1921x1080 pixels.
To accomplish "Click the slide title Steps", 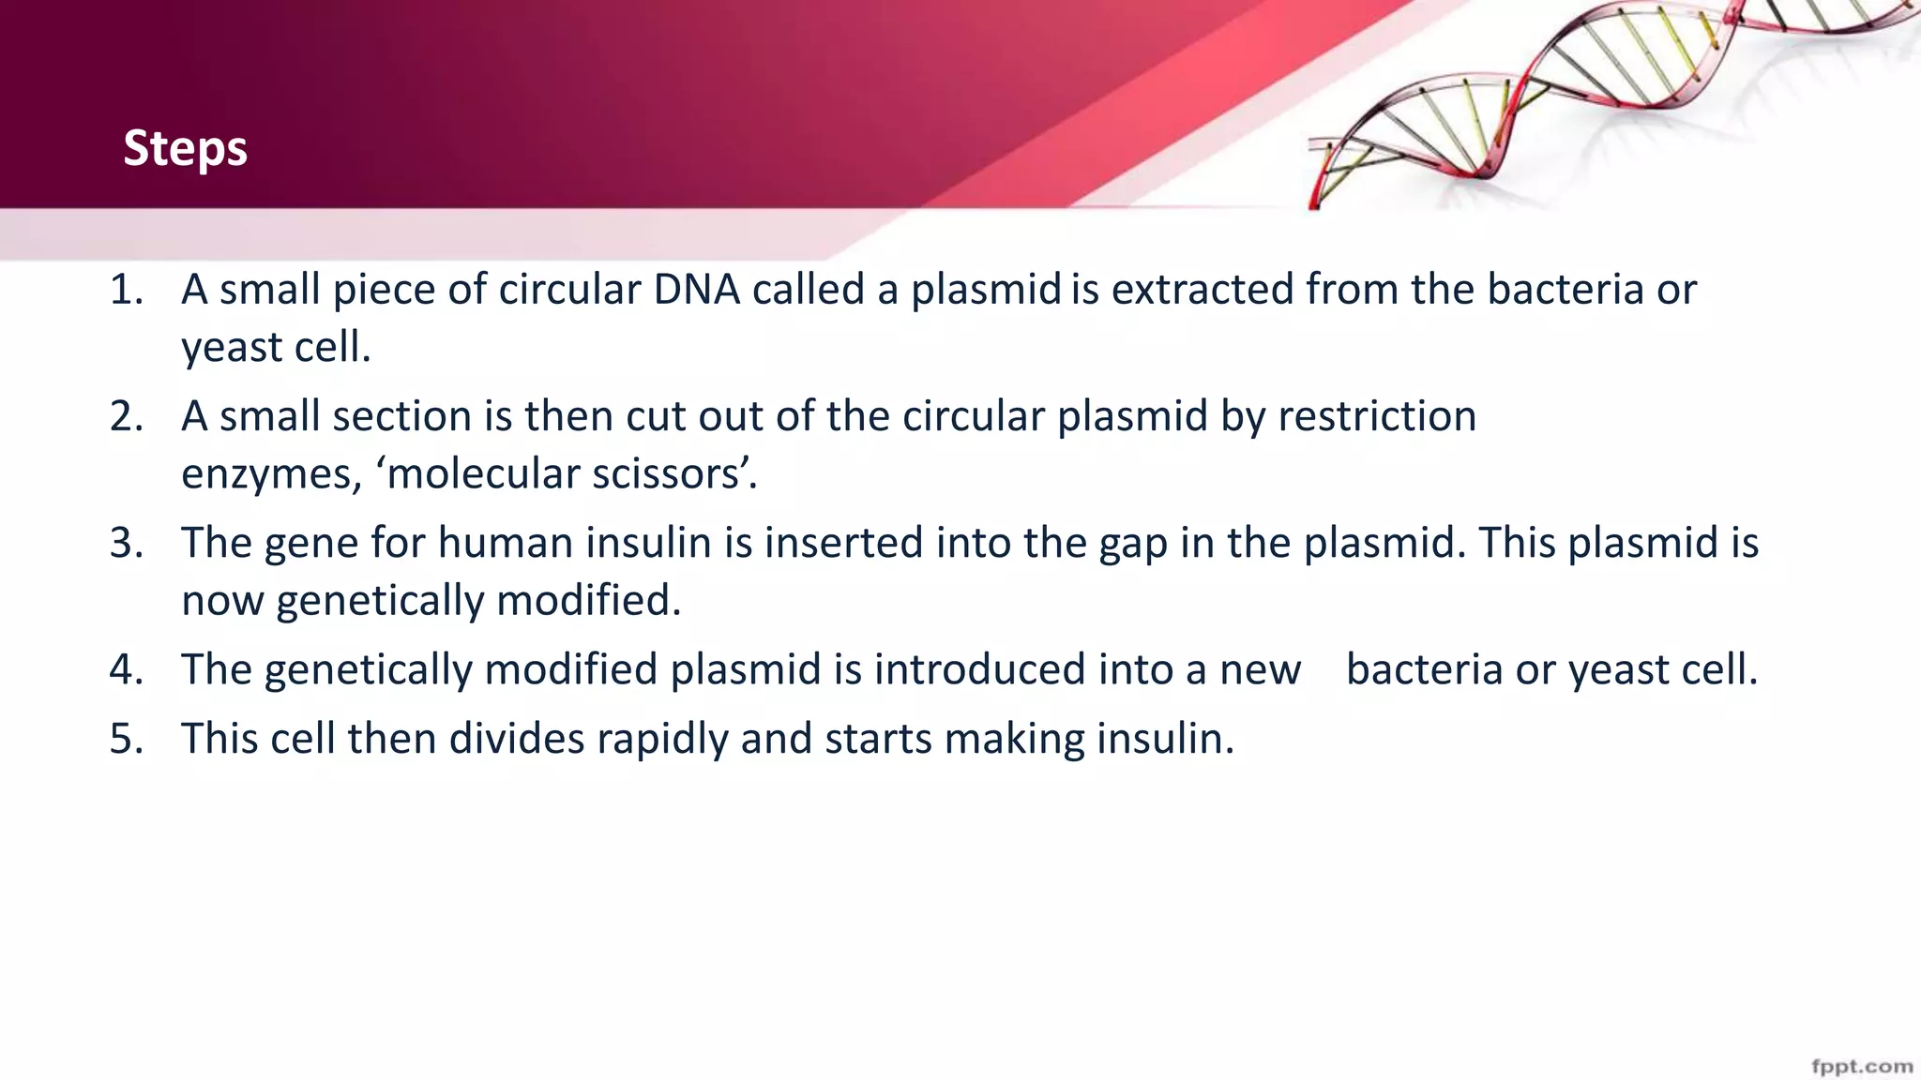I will [x=185, y=148].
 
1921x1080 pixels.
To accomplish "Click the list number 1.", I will [x=126, y=290].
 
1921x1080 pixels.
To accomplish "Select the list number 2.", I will [x=126, y=416].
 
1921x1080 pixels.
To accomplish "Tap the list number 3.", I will [x=126, y=543].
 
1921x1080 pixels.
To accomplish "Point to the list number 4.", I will [x=126, y=669].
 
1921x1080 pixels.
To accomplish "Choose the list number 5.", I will [x=126, y=739].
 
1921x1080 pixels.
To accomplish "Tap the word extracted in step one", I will [x=1203, y=290].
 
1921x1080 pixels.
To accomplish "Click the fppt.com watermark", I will [x=1861, y=1066].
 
